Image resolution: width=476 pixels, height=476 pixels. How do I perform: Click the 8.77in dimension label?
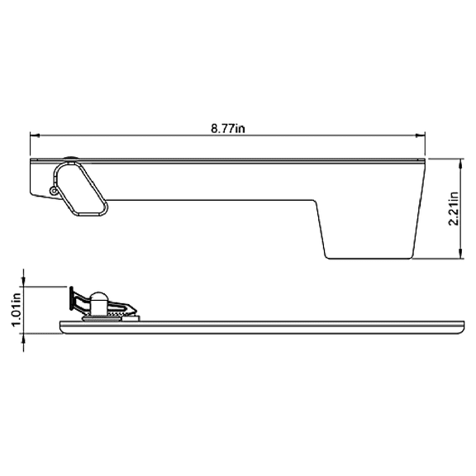(x=229, y=127)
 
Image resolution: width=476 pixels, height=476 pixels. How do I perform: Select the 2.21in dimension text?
(x=452, y=208)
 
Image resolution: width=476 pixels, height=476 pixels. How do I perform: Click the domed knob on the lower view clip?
(x=98, y=300)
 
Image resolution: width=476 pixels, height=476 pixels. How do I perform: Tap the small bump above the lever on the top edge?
(x=72, y=156)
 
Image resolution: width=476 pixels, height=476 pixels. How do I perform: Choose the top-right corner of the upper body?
(x=424, y=159)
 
